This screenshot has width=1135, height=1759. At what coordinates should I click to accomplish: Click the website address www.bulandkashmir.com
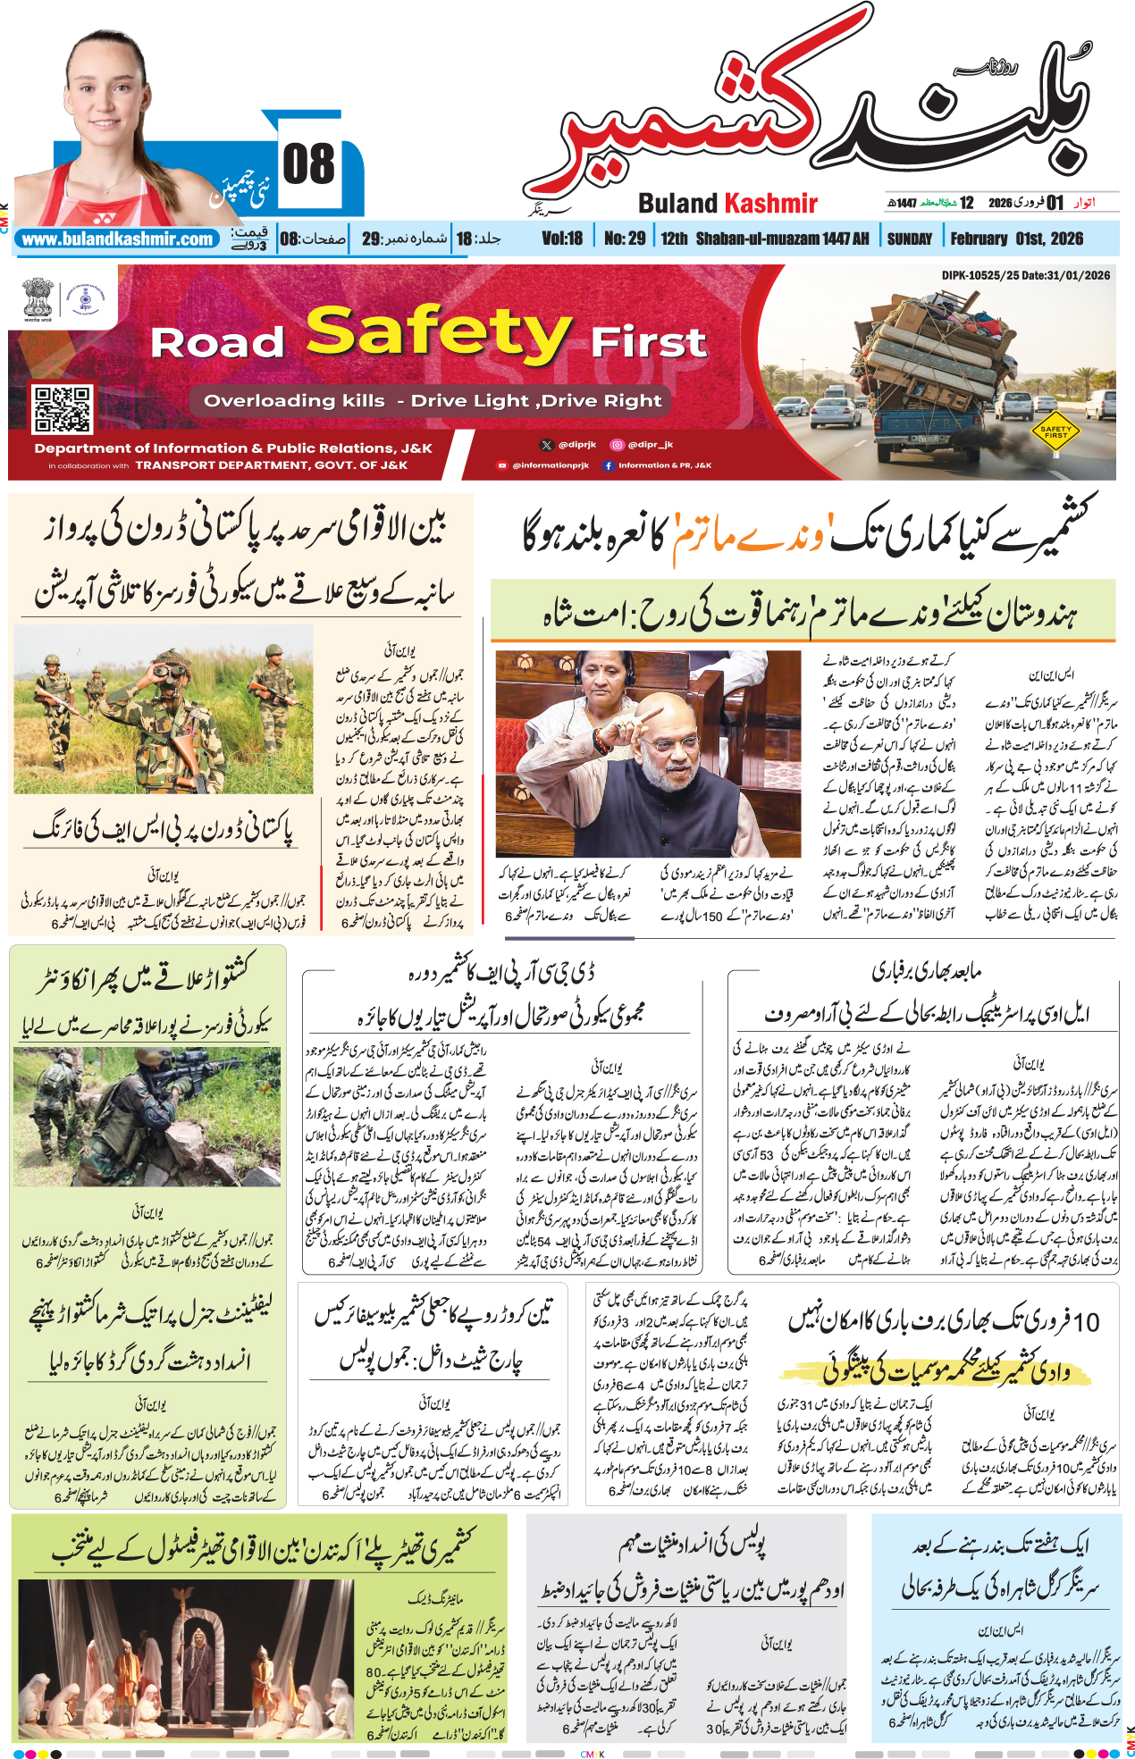(x=118, y=239)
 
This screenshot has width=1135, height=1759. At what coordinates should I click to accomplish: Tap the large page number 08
(x=309, y=166)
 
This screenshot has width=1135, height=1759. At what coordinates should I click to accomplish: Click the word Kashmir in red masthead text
(x=769, y=204)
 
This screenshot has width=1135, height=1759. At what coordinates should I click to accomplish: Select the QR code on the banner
(x=62, y=408)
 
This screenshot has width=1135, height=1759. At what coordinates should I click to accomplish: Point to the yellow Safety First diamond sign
(x=1055, y=431)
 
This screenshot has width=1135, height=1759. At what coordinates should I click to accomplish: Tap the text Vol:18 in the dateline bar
(x=562, y=239)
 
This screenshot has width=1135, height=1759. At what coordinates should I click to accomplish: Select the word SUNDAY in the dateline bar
(x=909, y=239)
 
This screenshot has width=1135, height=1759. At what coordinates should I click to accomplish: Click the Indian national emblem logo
(x=38, y=299)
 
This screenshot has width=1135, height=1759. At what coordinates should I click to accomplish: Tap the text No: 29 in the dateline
(x=624, y=239)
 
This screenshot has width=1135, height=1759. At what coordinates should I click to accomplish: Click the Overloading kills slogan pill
(x=433, y=401)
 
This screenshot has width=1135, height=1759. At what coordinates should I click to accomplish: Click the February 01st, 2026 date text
(x=1016, y=239)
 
